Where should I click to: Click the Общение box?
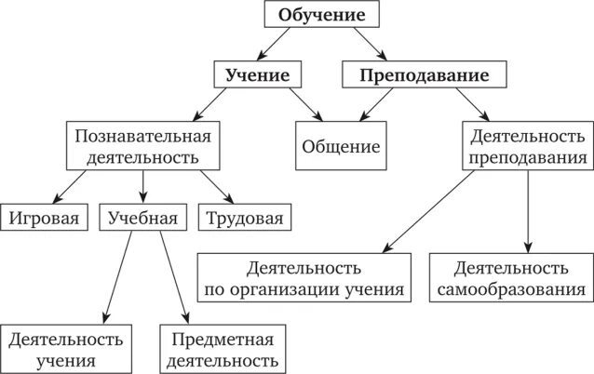[x=341, y=146]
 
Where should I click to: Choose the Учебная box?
[x=142, y=219]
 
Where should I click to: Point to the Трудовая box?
[x=244, y=219]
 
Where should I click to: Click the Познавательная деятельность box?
[x=143, y=146]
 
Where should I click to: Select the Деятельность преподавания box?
[x=527, y=146]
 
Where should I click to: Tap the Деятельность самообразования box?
[x=512, y=278]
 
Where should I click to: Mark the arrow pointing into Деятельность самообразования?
[x=527, y=214]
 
